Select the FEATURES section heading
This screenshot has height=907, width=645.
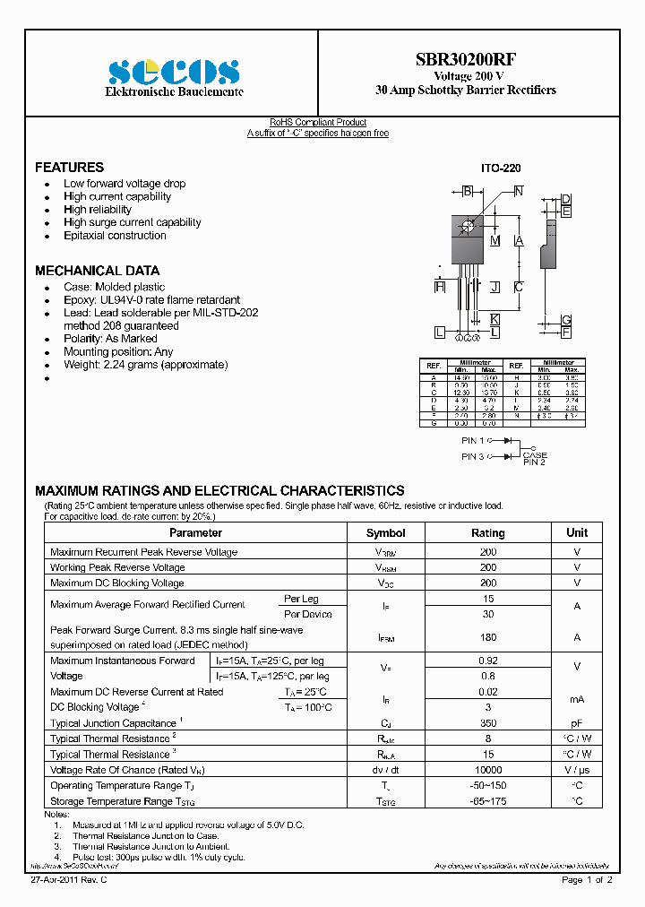[69, 168]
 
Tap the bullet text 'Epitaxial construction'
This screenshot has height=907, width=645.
[115, 236]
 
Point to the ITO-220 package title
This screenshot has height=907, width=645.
[501, 168]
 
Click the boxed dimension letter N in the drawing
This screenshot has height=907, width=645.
[518, 190]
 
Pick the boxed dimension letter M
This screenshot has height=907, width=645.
[494, 240]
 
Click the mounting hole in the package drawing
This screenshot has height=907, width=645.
[467, 224]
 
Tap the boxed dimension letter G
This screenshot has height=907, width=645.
[566, 321]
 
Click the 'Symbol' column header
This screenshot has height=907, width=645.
[385, 532]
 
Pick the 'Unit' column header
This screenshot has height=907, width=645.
[577, 532]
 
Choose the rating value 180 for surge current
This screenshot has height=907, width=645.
[487, 637]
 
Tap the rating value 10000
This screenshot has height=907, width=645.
[487, 770]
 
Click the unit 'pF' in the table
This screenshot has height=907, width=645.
[577, 722]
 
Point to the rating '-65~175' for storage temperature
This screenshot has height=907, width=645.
[487, 801]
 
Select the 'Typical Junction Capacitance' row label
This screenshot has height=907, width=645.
[115, 723]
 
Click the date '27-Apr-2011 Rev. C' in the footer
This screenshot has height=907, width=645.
[70, 880]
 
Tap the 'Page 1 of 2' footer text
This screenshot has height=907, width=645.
[587, 880]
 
